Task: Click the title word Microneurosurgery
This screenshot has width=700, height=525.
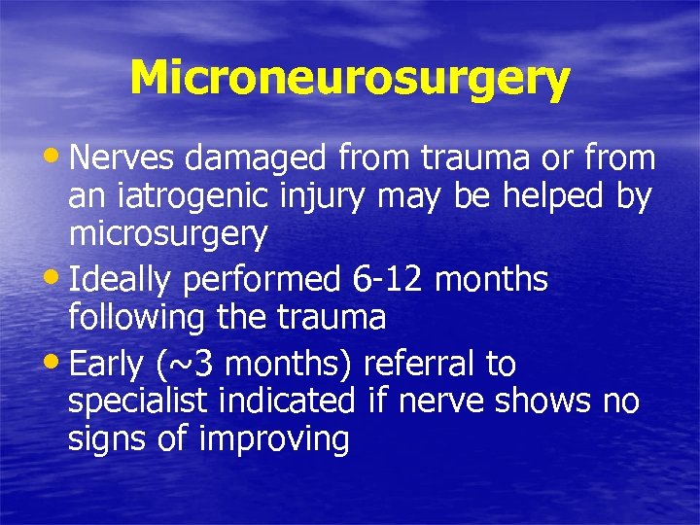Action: (349, 78)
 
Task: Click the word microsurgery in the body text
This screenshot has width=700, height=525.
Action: (167, 233)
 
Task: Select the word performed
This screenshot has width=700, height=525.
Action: (260, 280)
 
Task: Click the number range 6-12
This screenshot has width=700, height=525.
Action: (387, 280)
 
